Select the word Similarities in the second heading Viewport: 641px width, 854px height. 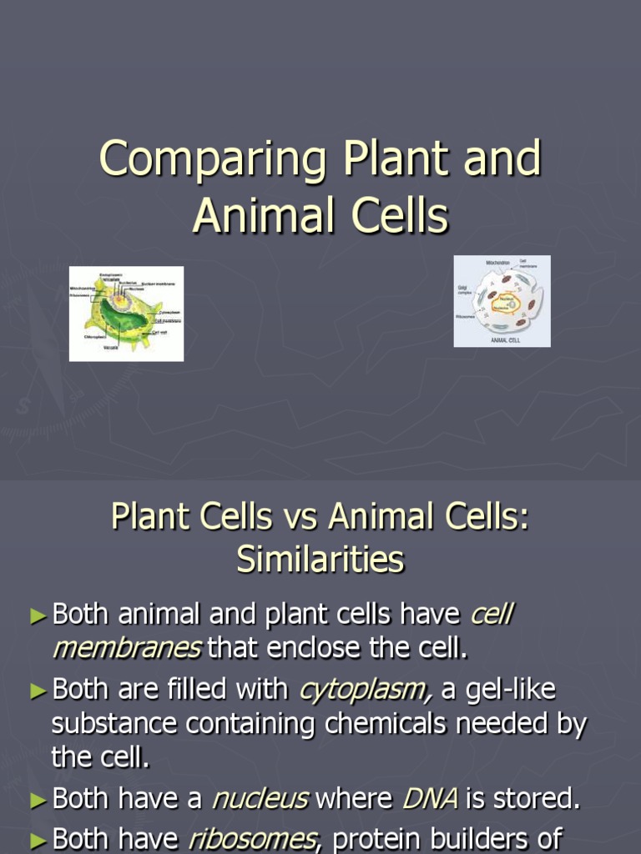(x=320, y=560)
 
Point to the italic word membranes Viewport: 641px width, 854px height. (x=127, y=647)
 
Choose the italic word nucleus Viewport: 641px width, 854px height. (x=260, y=799)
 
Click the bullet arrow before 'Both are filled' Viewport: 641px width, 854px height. (x=38, y=691)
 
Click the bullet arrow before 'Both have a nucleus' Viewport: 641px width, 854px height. (x=38, y=800)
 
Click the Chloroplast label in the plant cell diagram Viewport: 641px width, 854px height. (x=93, y=337)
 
